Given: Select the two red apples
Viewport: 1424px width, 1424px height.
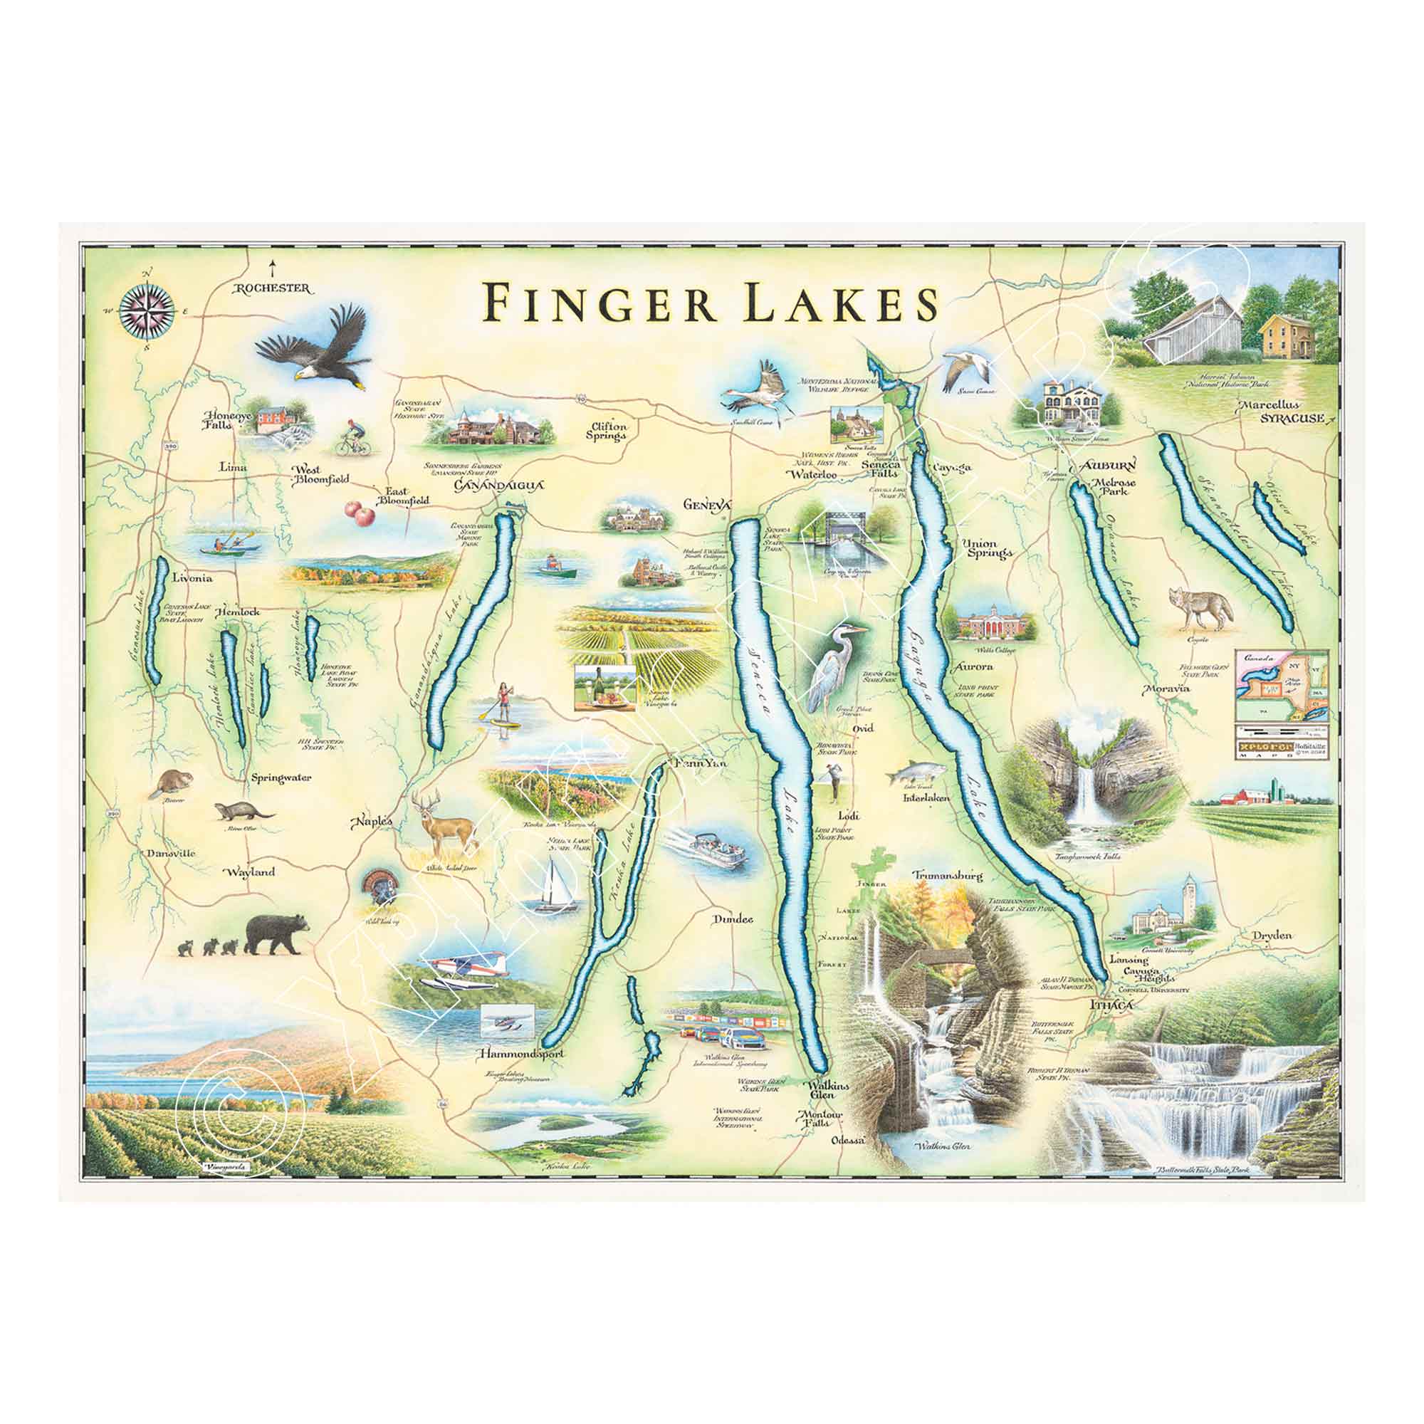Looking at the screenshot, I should pos(359,512).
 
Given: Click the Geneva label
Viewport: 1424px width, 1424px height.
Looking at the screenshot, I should pos(707,505).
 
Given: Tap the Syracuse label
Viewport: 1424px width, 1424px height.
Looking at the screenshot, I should pos(1291,419).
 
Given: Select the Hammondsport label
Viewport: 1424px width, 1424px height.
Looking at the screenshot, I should pos(520,1054).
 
